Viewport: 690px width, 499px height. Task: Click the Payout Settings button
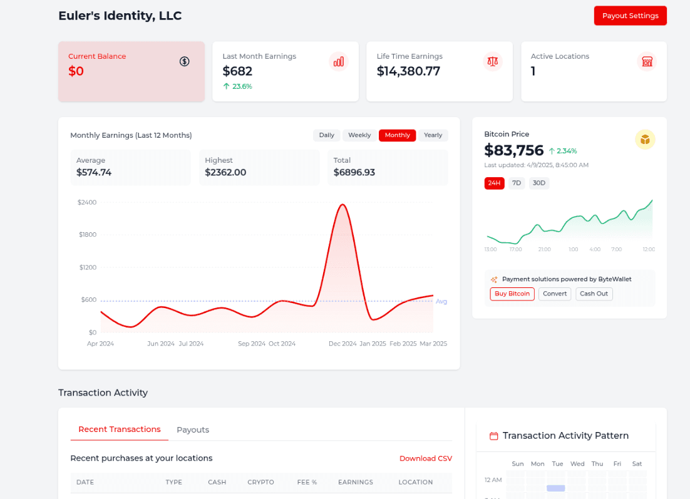630,16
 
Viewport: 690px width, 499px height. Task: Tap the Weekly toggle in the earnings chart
359,135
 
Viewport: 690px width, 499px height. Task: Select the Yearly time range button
433,135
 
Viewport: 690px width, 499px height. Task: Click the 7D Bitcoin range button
517,183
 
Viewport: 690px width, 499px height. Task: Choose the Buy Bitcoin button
512,294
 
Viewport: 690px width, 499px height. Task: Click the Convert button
555,294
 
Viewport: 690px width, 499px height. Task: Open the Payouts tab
193,430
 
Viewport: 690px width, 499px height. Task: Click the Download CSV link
426,458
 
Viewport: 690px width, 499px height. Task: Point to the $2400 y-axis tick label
87,202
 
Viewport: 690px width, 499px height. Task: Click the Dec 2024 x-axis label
342,344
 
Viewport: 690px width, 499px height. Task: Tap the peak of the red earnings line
342,204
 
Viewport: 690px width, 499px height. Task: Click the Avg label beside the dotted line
441,302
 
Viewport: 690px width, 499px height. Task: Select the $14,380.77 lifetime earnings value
408,71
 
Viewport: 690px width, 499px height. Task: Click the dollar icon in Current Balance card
184,61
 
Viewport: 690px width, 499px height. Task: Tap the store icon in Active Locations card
647,61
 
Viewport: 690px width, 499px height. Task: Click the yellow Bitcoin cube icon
645,139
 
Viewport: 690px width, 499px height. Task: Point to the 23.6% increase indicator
237,86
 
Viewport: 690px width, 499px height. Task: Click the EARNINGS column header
355,482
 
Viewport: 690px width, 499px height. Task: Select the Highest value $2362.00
225,172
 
